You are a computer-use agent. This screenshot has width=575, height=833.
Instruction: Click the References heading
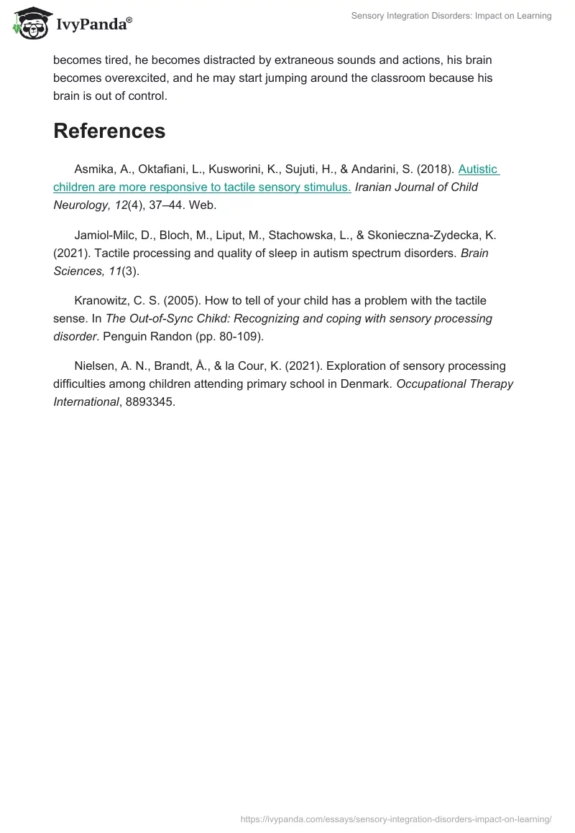pos(109,131)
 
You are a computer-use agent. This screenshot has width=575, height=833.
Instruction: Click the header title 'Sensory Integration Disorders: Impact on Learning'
pos(451,16)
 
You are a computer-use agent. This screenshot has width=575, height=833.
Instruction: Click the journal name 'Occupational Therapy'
pos(455,383)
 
